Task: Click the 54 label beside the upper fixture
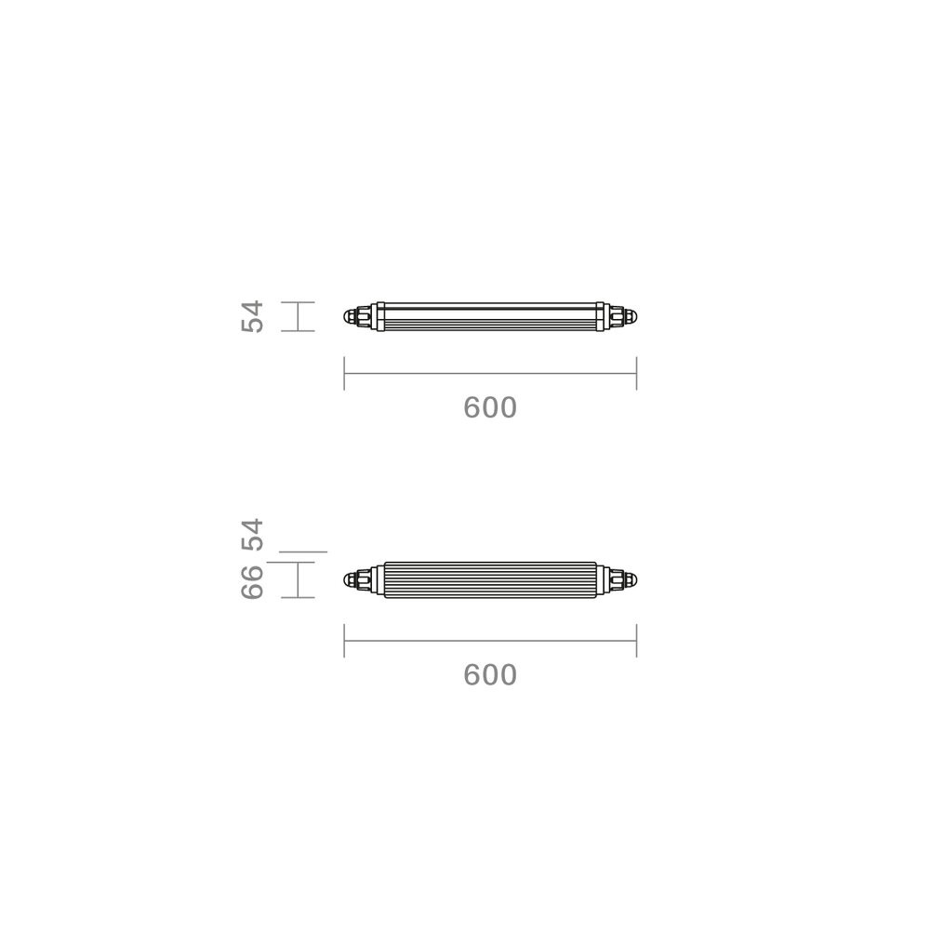(x=252, y=317)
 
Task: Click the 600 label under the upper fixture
(x=490, y=408)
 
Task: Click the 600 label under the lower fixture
(x=490, y=675)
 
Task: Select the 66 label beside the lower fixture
(x=252, y=582)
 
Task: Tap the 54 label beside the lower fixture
(x=252, y=535)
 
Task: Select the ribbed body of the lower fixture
(x=490, y=579)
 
